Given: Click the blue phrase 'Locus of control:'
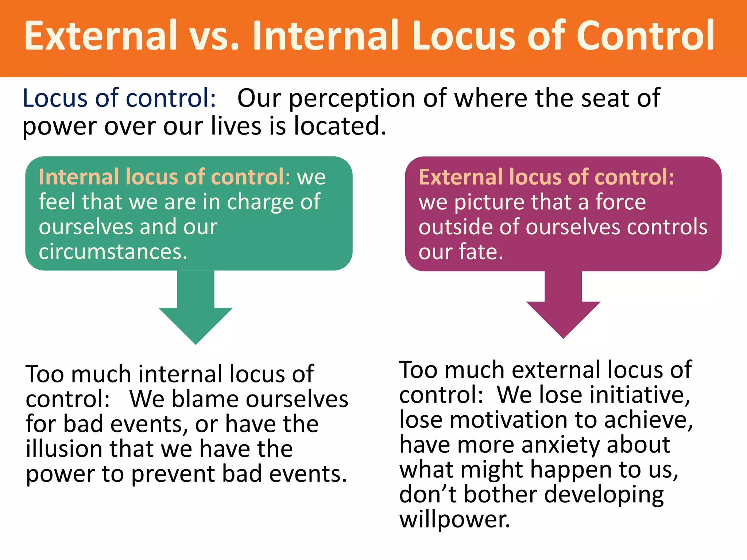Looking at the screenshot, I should click(119, 98).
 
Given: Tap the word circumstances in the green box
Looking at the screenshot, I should click(112, 252).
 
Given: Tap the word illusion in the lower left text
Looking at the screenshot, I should click(64, 449).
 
